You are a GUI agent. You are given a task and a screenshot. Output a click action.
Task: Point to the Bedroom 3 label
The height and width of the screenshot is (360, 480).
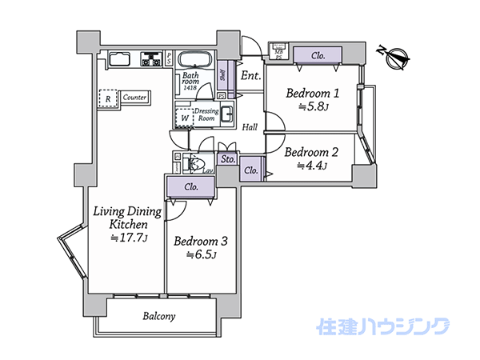(202, 242)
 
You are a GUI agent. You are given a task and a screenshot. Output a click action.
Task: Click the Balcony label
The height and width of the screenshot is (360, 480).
(159, 316)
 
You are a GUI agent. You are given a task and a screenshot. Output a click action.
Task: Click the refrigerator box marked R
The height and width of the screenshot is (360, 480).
(108, 98)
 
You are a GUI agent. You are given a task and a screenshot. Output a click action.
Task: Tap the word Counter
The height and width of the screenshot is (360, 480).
(135, 98)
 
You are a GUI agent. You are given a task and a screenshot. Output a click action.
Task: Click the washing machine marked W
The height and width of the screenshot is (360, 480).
(185, 118)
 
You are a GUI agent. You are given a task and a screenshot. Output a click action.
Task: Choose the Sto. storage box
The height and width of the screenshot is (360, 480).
(228, 159)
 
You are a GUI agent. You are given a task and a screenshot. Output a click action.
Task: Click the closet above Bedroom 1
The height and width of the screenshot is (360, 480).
(318, 56)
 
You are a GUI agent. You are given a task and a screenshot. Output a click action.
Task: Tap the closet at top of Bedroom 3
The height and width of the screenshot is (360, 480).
(190, 187)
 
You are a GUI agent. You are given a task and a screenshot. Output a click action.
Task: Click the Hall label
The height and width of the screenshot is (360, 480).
(250, 126)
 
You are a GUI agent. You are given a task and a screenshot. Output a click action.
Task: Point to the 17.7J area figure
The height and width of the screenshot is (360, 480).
(127, 238)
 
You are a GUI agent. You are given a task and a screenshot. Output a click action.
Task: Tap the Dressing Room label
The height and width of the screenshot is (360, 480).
(206, 114)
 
